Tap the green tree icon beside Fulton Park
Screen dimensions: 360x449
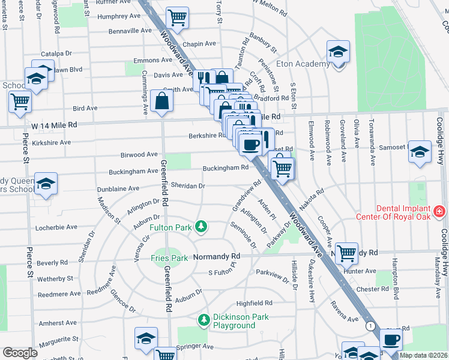[203, 227]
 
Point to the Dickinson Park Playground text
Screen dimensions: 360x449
[234, 321]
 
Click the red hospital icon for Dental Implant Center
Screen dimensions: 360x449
[439, 211]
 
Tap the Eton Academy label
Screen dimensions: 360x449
[303, 64]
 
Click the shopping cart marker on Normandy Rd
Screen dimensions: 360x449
[346, 253]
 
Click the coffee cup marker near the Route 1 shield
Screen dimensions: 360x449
[391, 340]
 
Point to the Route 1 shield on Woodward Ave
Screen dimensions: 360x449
[371, 325]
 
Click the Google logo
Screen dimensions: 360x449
[20, 353]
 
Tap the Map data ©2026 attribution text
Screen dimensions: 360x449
[423, 355]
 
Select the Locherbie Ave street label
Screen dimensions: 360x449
[57, 227]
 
